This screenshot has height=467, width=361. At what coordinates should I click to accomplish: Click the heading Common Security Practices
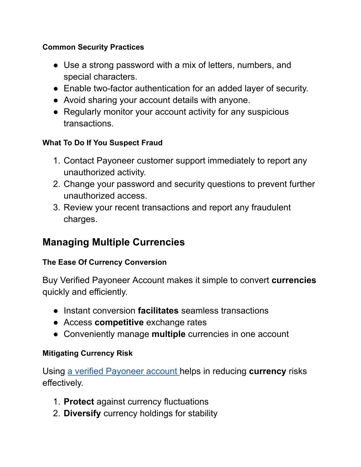pos(93,47)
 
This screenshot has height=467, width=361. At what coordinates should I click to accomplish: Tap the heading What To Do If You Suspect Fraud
pos(102,143)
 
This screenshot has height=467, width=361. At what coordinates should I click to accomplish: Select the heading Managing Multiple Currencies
pos(114,242)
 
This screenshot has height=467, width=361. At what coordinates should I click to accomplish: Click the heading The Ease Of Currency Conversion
pos(104,262)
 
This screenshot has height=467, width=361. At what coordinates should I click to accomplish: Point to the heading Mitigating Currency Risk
pos(87,353)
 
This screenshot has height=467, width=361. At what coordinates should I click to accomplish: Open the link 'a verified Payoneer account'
pos(123,371)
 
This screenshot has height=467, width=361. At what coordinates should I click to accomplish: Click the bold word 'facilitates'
pos(158,311)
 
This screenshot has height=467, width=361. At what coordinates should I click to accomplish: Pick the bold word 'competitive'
pos(119,322)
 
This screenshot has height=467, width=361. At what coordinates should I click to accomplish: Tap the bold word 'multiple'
pos(169,334)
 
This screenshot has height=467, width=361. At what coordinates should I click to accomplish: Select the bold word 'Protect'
pos(79,401)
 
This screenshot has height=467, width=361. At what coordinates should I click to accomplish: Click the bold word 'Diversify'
pos(82,413)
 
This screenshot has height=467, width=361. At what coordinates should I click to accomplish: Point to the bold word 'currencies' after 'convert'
pos(294,280)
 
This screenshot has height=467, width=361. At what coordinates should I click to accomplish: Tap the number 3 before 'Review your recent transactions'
pos(56,207)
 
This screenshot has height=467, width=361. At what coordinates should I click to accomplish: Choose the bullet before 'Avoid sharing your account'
pos(56,100)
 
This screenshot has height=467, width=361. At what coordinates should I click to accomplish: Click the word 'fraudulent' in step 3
pos(271,207)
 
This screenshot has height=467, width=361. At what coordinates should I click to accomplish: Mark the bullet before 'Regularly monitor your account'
pos(56,112)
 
